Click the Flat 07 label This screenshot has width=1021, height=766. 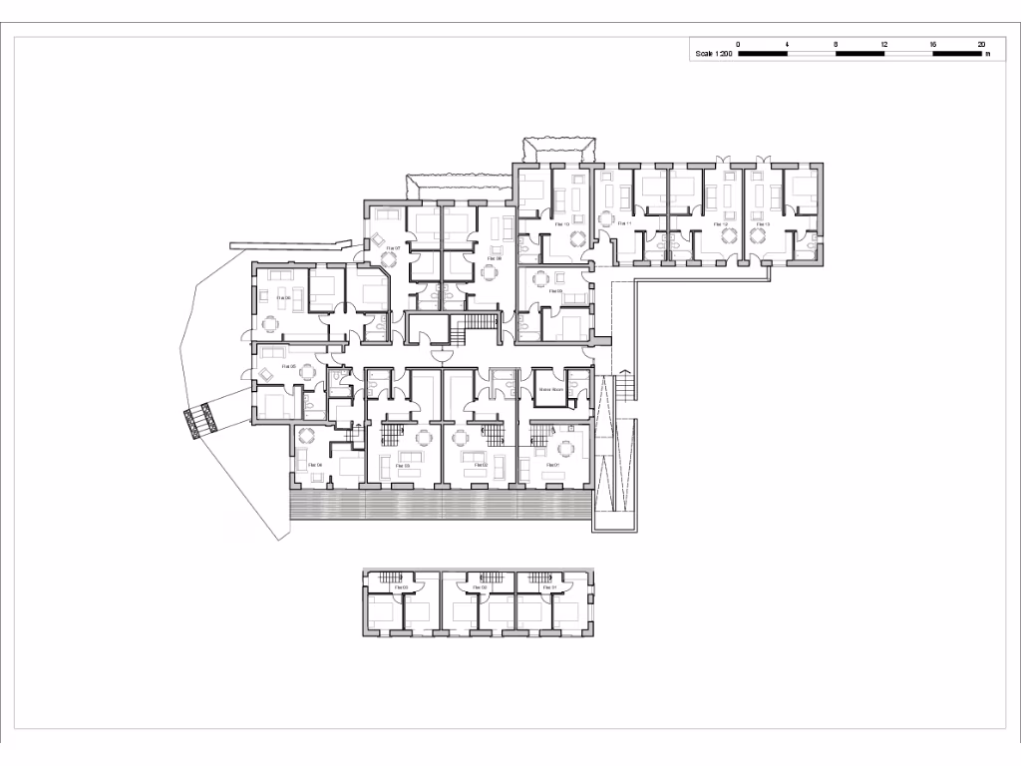tap(395, 248)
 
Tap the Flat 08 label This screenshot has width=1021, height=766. tap(493, 258)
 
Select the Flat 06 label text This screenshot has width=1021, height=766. tap(283, 297)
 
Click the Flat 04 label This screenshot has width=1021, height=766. tap(315, 465)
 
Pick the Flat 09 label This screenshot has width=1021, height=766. tap(555, 291)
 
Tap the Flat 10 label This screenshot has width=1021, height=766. tap(560, 224)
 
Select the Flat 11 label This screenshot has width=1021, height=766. tap(624, 224)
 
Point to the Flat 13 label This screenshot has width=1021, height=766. tap(763, 224)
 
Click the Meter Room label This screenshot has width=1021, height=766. tap(551, 389)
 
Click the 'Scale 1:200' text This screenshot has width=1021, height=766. tap(714, 55)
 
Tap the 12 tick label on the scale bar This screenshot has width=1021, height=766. tap(884, 45)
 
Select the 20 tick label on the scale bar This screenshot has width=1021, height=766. tap(981, 45)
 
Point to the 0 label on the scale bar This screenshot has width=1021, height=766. tap(738, 45)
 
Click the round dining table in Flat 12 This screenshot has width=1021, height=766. tap(729, 237)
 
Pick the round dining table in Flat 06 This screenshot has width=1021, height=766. tap(269, 322)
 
